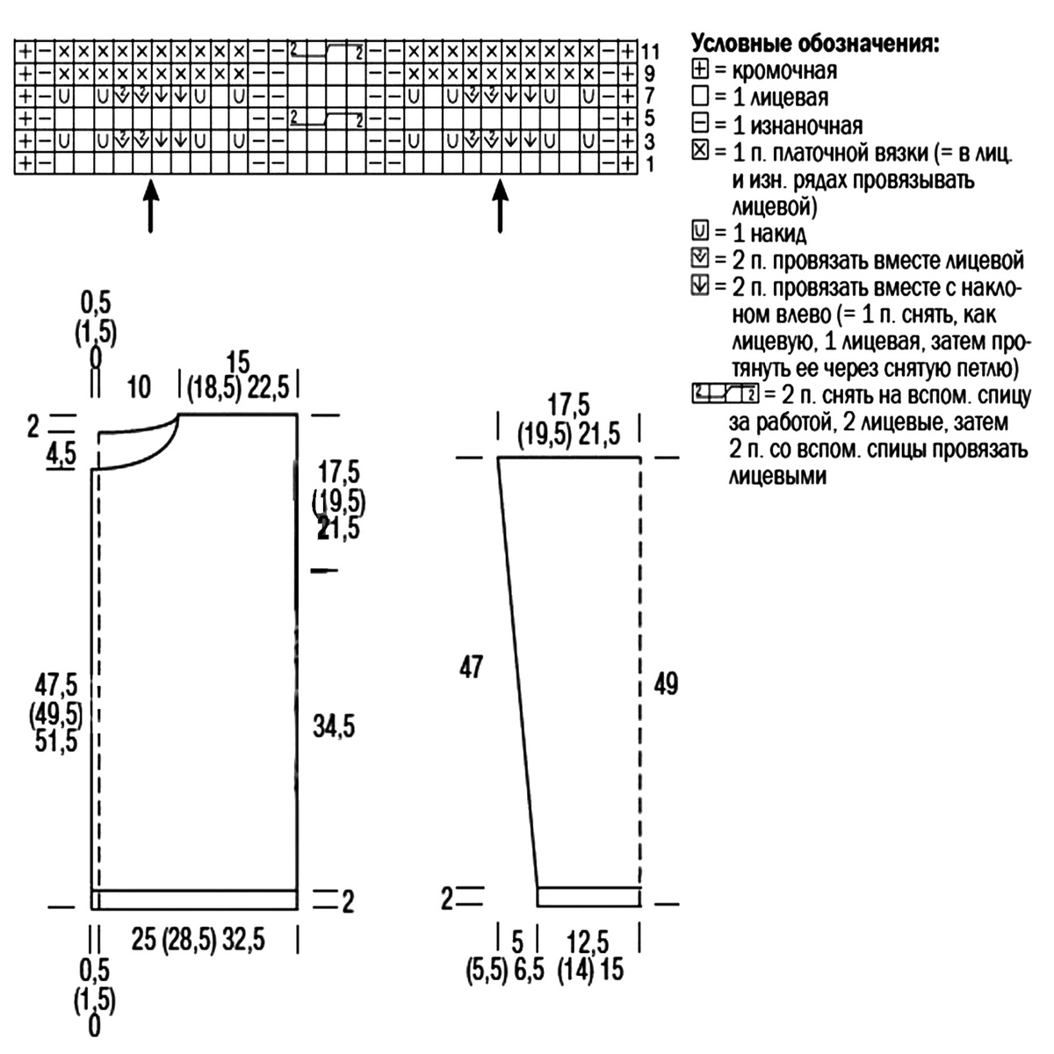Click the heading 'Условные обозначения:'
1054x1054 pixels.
click(x=815, y=43)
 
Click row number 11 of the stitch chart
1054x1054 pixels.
click(x=650, y=52)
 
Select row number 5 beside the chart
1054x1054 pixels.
click(x=649, y=119)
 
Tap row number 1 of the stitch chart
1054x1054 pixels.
click(x=649, y=164)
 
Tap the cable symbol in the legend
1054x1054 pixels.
click(x=726, y=393)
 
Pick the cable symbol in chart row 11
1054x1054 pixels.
click(x=327, y=52)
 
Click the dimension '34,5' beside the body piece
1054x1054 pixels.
click(x=334, y=726)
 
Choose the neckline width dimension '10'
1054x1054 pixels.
click(x=139, y=388)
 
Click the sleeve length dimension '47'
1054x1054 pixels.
click(x=471, y=668)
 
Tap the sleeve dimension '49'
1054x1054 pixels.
click(x=666, y=683)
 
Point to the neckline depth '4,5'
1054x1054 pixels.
click(x=61, y=454)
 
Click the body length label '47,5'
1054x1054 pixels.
click(x=56, y=685)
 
